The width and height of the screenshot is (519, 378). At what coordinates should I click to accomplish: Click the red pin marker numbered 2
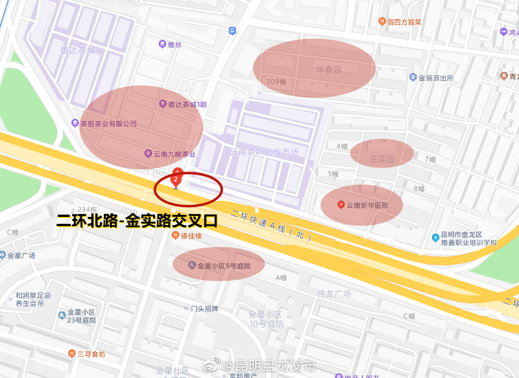coord(176,180)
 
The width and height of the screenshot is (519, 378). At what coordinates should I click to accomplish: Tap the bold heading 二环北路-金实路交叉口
coord(137,220)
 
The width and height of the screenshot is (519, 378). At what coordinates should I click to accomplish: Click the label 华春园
coord(329,69)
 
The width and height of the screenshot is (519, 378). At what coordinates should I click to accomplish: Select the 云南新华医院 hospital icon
coord(341,205)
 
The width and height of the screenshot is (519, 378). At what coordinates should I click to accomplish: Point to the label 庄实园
coord(382,159)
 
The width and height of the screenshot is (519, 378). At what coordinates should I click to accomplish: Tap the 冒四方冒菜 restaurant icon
coord(382,22)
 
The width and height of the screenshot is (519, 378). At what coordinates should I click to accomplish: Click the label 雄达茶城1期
coord(187,105)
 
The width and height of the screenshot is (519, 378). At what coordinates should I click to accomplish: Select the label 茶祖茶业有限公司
coord(108,124)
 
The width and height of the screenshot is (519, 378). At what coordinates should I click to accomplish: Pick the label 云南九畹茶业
coord(174,155)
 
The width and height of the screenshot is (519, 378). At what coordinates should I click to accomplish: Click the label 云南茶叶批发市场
coord(264,152)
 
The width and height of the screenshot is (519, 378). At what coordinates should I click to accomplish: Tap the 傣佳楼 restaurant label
coord(191,236)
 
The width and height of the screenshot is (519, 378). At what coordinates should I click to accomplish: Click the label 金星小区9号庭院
coord(224,266)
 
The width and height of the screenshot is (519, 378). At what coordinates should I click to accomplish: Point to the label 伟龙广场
coord(334,293)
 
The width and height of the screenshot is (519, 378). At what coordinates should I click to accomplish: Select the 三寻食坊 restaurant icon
coord(72,354)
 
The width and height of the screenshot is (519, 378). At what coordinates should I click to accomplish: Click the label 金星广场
coord(21,255)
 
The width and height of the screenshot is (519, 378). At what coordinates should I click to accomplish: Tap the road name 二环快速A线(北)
coord(272,225)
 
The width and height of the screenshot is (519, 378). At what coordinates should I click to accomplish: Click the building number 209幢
coord(276,82)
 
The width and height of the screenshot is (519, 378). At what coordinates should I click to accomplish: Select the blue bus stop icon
coord(232,31)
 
